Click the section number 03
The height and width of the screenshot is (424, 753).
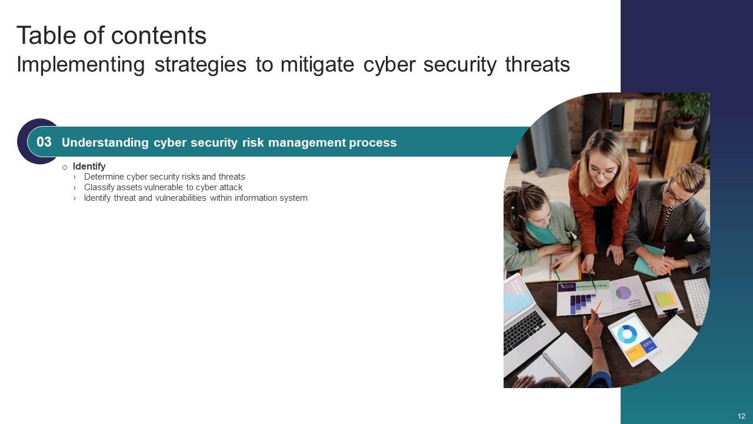[44, 142]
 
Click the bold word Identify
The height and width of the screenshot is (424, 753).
[89, 166]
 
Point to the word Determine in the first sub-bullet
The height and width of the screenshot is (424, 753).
[104, 177]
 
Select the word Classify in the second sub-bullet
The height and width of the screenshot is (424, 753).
[99, 187]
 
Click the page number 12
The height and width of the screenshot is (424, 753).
[741, 416]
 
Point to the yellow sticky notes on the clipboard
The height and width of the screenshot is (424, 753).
[665, 299]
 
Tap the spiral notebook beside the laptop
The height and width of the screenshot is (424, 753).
[555, 360]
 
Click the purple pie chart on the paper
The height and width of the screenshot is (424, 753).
[623, 293]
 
